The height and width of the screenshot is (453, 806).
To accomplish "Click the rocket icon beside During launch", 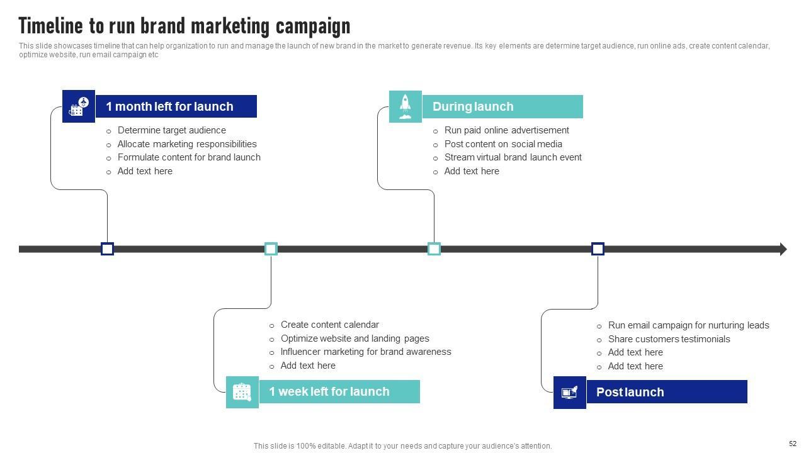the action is (406, 106).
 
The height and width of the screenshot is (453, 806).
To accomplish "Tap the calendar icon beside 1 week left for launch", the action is (242, 392).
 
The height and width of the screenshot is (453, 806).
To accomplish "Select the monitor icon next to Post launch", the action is (569, 393).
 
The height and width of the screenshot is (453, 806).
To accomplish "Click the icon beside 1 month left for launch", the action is (79, 106).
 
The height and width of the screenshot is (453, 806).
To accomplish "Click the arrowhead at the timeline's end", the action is (783, 249).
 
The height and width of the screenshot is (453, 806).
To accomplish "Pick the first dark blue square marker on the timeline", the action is (107, 249).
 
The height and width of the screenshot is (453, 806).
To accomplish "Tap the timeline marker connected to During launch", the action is (434, 249).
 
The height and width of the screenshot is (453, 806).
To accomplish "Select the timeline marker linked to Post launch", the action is (598, 249).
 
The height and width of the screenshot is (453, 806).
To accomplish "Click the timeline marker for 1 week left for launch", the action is (271, 249).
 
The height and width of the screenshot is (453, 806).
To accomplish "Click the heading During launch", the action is (473, 107).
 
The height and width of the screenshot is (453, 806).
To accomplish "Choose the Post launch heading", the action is (630, 393).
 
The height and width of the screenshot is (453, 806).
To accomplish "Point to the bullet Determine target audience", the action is (171, 130).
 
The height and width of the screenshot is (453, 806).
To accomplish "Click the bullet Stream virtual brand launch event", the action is (513, 157).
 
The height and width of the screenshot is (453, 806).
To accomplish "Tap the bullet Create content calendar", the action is (329, 325).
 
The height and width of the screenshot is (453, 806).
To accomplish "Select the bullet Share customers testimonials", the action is (660, 339).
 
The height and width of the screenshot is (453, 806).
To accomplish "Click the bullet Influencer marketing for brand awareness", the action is (365, 352).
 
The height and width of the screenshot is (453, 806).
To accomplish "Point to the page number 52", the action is (793, 444).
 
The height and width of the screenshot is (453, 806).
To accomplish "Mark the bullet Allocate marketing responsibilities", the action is (187, 144).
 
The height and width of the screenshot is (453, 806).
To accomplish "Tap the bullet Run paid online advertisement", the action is (506, 130).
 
